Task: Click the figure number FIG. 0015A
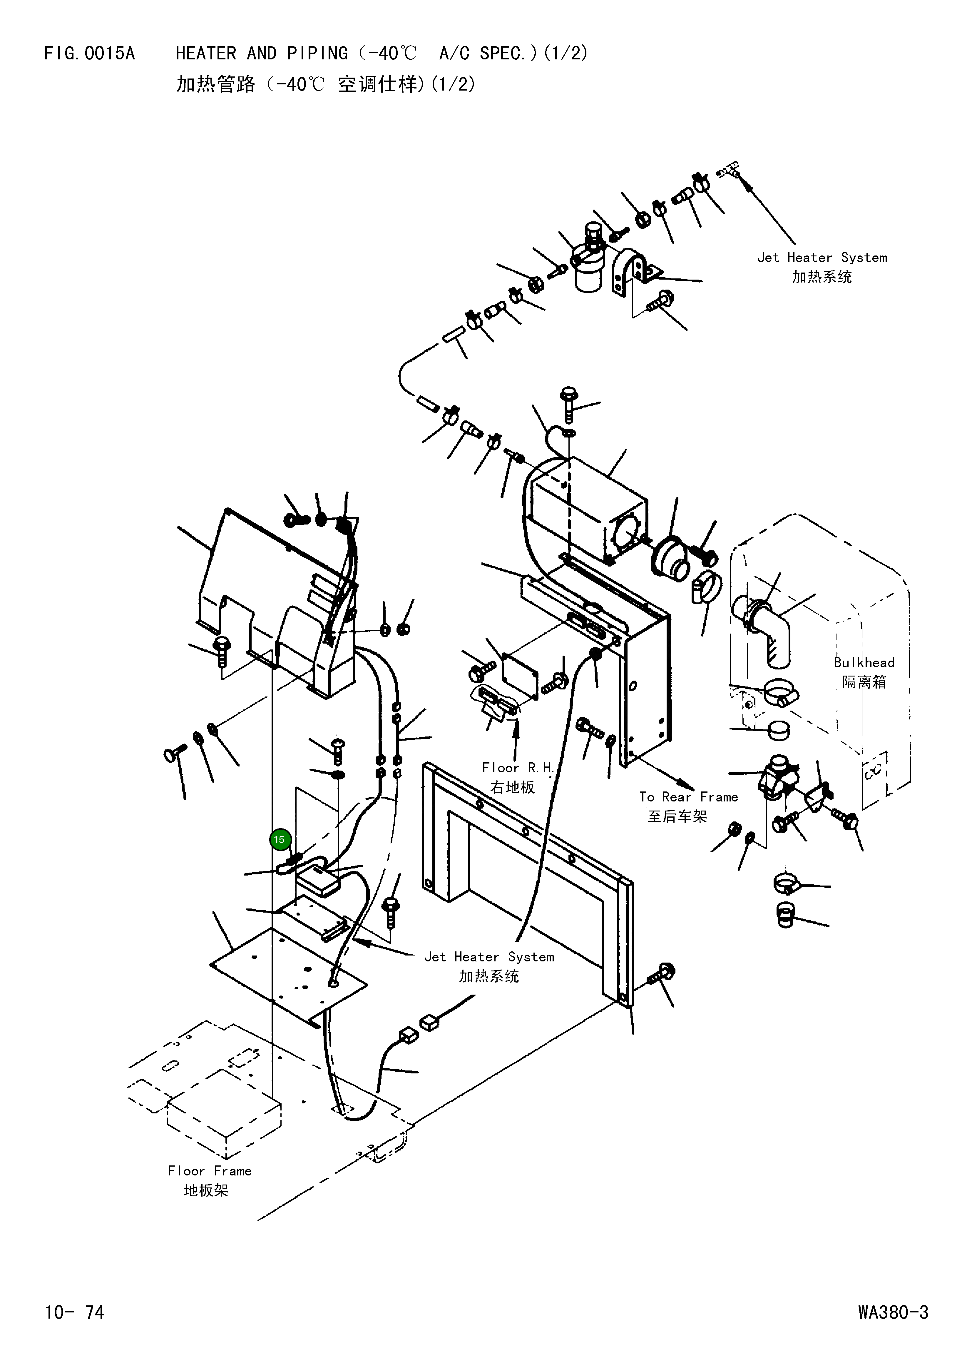pyautogui.click(x=90, y=54)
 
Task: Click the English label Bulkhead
pyautogui.click(x=864, y=663)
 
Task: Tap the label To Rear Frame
pyautogui.click(x=688, y=797)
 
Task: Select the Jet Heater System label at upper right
pyautogui.click(x=822, y=257)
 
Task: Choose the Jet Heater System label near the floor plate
pyautogui.click(x=489, y=957)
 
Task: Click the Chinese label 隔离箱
pyautogui.click(x=864, y=682)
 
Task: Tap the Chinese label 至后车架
pyautogui.click(x=677, y=816)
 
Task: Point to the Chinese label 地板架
pyautogui.click(x=206, y=1190)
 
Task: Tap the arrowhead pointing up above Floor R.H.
pyautogui.click(x=516, y=724)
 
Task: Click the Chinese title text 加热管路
pyautogui.click(x=215, y=84)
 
